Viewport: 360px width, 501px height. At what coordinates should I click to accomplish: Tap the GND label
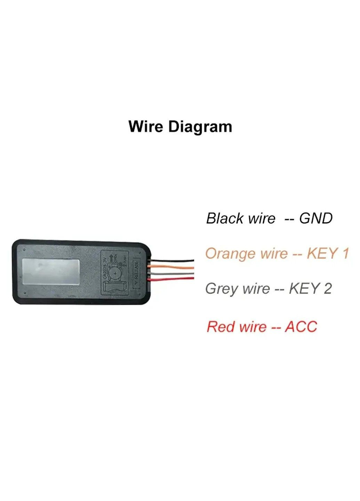pyautogui.click(x=316, y=219)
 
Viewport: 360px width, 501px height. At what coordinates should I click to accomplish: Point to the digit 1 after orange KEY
pyautogui.click(x=345, y=254)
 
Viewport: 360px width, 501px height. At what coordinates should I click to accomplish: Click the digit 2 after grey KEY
pyautogui.click(x=327, y=289)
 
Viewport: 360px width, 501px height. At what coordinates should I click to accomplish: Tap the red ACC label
pyautogui.click(x=301, y=327)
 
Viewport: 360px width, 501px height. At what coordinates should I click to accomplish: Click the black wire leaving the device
pyautogui.click(x=174, y=260)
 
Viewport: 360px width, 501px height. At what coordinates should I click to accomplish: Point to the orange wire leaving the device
pyautogui.click(x=174, y=268)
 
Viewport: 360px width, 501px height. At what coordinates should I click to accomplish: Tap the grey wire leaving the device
pyautogui.click(x=174, y=273)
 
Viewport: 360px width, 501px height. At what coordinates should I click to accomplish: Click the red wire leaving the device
pyautogui.click(x=174, y=279)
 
